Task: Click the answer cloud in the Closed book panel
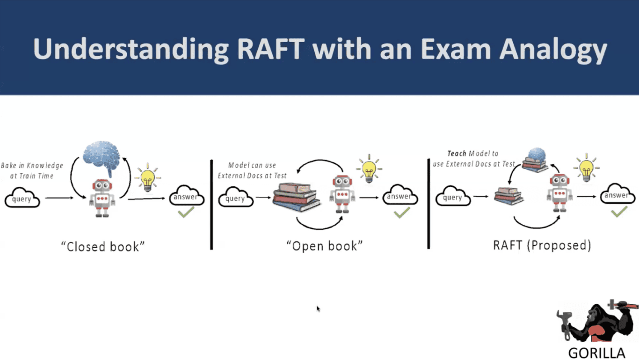pos(187,197)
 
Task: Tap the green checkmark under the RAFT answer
pos(619,212)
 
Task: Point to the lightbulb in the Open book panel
pos(369,169)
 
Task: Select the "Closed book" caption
pos(103,247)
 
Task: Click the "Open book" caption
pos(324,245)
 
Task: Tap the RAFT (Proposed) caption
pos(542,245)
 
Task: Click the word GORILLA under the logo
pos(596,353)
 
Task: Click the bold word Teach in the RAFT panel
pos(457,154)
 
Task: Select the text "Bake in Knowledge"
pos(32,166)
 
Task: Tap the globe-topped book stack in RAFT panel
pos(535,160)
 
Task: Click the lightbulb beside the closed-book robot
pos(147,177)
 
